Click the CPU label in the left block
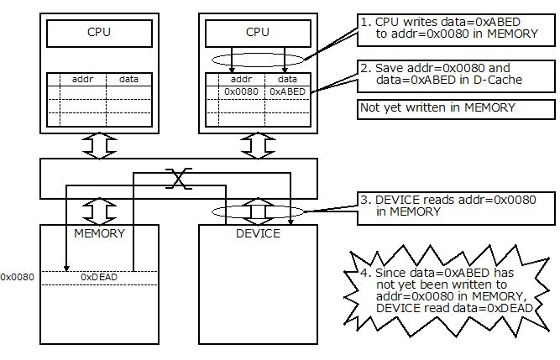[x=98, y=34]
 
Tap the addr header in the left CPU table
[x=82, y=79]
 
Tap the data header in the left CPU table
[x=128, y=79]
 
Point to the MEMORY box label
[x=99, y=233]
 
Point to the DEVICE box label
[x=258, y=233]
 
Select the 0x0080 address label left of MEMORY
[x=17, y=275]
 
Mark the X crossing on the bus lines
[x=176, y=178]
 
